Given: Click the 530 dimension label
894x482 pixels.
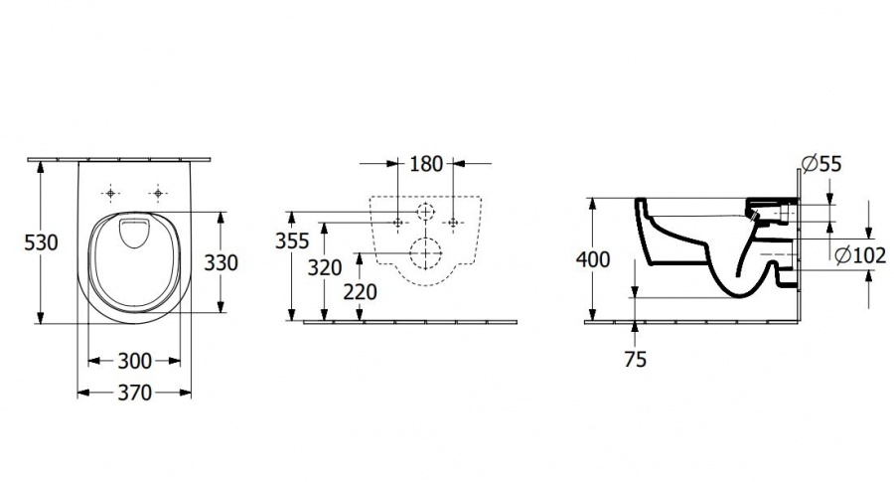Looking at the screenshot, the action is click(x=41, y=242).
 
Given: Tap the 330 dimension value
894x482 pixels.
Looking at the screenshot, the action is click(x=222, y=262).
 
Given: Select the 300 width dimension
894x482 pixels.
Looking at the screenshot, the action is click(x=134, y=361).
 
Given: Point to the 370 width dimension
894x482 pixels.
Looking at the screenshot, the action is click(x=134, y=393).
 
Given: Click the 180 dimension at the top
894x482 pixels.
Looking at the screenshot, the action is click(x=426, y=164).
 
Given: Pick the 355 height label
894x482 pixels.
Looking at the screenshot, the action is click(x=292, y=241).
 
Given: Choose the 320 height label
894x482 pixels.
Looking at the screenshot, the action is click(x=325, y=267).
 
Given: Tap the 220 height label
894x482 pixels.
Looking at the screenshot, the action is click(x=360, y=291).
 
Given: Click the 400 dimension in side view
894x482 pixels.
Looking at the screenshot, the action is click(x=593, y=259).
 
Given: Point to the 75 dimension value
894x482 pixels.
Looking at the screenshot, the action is click(x=635, y=360).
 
